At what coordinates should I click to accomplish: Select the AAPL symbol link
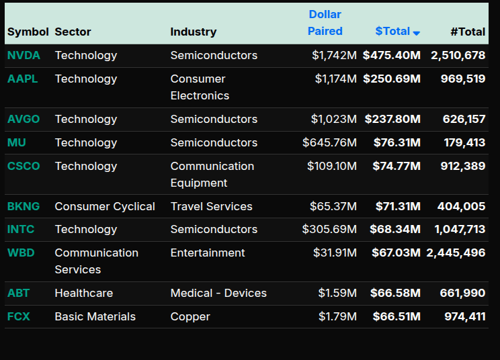[x=22, y=79]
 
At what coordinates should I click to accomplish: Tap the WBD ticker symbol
[x=21, y=253]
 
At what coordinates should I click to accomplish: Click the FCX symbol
[x=19, y=316]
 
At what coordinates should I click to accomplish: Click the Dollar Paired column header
[x=325, y=23]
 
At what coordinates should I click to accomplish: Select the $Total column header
[x=392, y=32]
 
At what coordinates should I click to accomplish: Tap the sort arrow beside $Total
[x=417, y=33]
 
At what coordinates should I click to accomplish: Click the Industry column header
[x=194, y=32]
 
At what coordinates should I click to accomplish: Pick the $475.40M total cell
[x=391, y=56]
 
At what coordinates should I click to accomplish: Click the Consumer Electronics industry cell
[x=200, y=87]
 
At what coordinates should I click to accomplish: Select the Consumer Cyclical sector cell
[x=105, y=206]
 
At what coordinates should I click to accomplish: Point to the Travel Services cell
[x=211, y=206]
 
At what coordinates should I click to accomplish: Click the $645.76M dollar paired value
[x=329, y=142]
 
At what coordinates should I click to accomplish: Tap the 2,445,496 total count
[x=456, y=253]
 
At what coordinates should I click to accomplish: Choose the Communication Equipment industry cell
[x=212, y=175]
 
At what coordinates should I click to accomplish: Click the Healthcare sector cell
[x=84, y=293]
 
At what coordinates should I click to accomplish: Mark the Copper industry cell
[x=190, y=316]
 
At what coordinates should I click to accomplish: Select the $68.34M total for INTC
[x=394, y=230]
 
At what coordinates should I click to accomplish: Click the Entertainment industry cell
[x=208, y=253]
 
